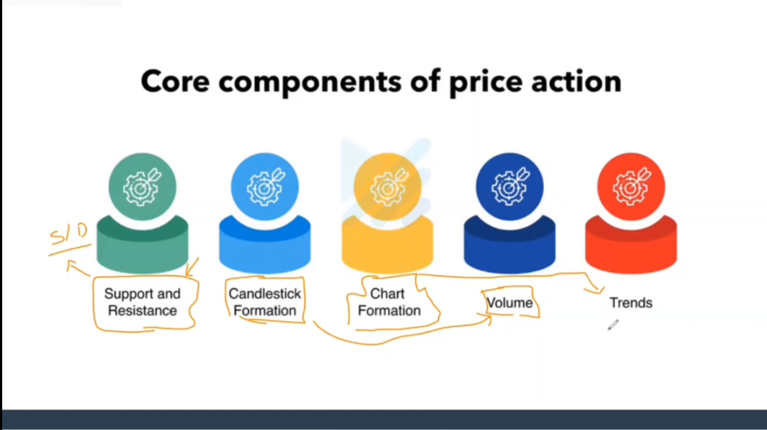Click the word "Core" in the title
[175, 81]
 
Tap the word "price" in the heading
[485, 82]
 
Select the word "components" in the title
[310, 82]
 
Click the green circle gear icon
[142, 187]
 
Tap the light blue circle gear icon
[265, 187]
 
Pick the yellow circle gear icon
[387, 187]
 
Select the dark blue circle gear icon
[509, 187]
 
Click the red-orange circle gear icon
[631, 187]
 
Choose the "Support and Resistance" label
[142, 303]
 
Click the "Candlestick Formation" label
[265, 303]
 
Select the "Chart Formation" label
[389, 303]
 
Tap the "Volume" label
[509, 303]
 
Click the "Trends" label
[631, 303]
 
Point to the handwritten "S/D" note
[69, 235]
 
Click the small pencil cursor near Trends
[613, 325]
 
